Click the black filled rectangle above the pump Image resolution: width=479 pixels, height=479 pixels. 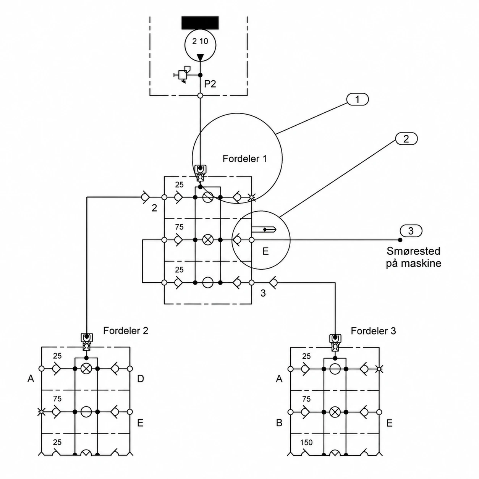tap(200, 23)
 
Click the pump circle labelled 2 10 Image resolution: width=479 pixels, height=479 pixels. tap(200, 45)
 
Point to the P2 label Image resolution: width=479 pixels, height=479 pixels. tap(210, 84)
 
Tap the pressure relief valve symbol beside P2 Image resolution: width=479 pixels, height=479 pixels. tap(183, 74)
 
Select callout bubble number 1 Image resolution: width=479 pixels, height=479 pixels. tap(357, 99)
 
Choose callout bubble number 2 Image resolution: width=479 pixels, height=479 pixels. tap(406, 139)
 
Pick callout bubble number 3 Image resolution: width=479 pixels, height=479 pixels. tap(411, 231)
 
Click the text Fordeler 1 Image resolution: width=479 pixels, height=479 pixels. tap(244, 159)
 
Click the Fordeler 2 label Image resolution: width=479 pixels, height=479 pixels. tap(126, 331)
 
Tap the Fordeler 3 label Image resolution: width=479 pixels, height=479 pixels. tap(373, 331)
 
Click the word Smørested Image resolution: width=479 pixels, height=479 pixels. tap(413, 251)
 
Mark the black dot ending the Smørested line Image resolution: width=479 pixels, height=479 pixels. tap(400, 240)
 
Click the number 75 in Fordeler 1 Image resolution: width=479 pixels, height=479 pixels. tap(179, 227)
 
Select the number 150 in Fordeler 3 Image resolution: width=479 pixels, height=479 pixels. tap(306, 442)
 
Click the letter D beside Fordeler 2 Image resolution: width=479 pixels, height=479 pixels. tap(141, 379)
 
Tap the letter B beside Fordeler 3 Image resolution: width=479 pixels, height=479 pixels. tap(279, 423)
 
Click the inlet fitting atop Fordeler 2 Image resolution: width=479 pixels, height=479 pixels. tap(86, 342)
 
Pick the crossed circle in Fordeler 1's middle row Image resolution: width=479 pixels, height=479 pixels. tap(207, 240)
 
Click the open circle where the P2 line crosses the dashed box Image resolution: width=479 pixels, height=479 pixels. tap(200, 95)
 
